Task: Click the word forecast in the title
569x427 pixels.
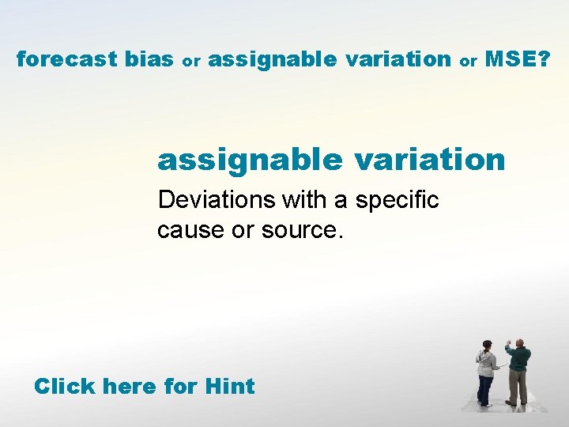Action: (x=67, y=59)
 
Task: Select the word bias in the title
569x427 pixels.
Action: (x=150, y=59)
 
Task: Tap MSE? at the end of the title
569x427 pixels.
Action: (x=518, y=59)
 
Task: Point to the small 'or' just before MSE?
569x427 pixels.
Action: (x=469, y=61)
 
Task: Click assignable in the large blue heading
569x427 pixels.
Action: (x=249, y=160)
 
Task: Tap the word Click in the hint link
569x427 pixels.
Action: (x=65, y=387)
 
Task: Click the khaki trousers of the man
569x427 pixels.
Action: (x=518, y=388)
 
